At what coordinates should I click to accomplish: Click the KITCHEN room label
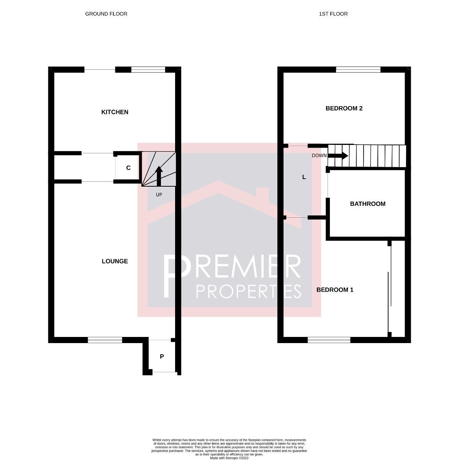115,112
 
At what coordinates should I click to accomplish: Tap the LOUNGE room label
115,261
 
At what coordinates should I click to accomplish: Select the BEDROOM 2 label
344,108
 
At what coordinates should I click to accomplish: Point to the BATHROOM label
367,204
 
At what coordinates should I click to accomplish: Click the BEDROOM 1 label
334,290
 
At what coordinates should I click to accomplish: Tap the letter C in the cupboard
128,168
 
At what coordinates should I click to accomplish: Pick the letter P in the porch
162,356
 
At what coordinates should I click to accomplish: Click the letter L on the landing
304,177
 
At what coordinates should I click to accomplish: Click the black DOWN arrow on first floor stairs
338,156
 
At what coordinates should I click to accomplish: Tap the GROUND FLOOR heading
106,14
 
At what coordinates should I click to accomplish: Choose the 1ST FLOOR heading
333,14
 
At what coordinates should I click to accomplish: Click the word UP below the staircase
159,195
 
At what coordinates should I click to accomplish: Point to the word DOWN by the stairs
319,156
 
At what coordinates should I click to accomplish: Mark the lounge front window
105,340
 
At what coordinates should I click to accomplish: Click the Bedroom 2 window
358,70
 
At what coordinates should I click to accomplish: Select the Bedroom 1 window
329,340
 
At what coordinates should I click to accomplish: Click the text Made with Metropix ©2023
229,457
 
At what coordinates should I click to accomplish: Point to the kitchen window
148,70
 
